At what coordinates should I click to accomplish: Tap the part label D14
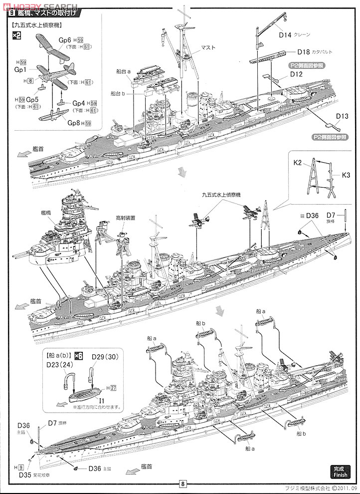pyautogui.click(x=285, y=35)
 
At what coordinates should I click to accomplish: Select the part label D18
pyautogui.click(x=304, y=52)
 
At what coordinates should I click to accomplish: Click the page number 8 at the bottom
pyautogui.click(x=183, y=483)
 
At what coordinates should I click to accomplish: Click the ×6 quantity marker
pyautogui.click(x=78, y=356)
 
